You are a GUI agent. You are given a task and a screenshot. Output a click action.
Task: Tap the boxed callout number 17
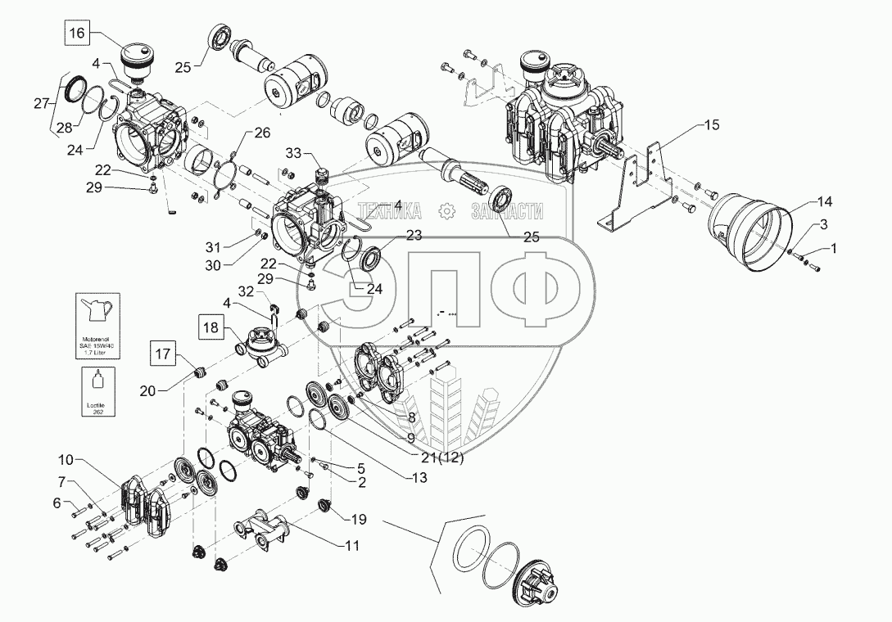point(161,355)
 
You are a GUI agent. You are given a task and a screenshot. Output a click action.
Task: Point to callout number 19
point(360,519)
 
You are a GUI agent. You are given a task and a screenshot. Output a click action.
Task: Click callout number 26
point(261,133)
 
